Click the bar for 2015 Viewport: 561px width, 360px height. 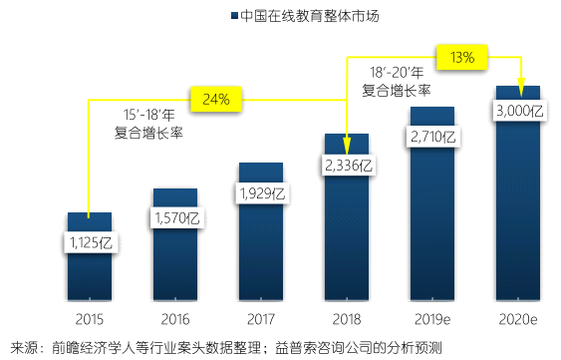point(89,269)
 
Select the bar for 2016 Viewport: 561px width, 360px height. point(174,259)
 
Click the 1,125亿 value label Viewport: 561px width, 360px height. point(90,241)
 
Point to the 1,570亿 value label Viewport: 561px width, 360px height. point(175,216)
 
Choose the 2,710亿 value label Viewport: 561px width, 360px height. point(431,136)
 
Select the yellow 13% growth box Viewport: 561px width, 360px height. point(461,57)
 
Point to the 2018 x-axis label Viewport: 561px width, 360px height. point(346,319)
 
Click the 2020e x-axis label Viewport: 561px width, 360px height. point(517,319)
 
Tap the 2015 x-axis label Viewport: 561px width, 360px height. point(89,319)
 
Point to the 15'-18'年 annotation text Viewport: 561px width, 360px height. point(148,113)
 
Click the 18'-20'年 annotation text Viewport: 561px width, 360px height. point(396,73)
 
